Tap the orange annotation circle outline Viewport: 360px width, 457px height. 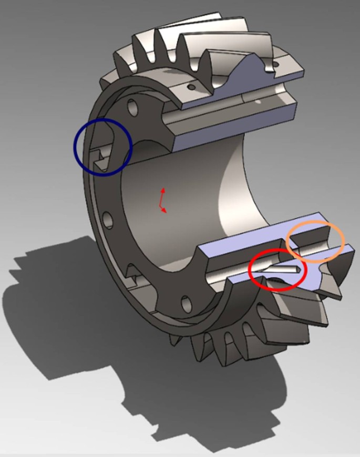(343, 241)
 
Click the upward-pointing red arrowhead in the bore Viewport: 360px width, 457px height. (163, 189)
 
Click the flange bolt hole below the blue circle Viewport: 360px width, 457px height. (107, 219)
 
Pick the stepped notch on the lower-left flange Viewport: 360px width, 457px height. (135, 275)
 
